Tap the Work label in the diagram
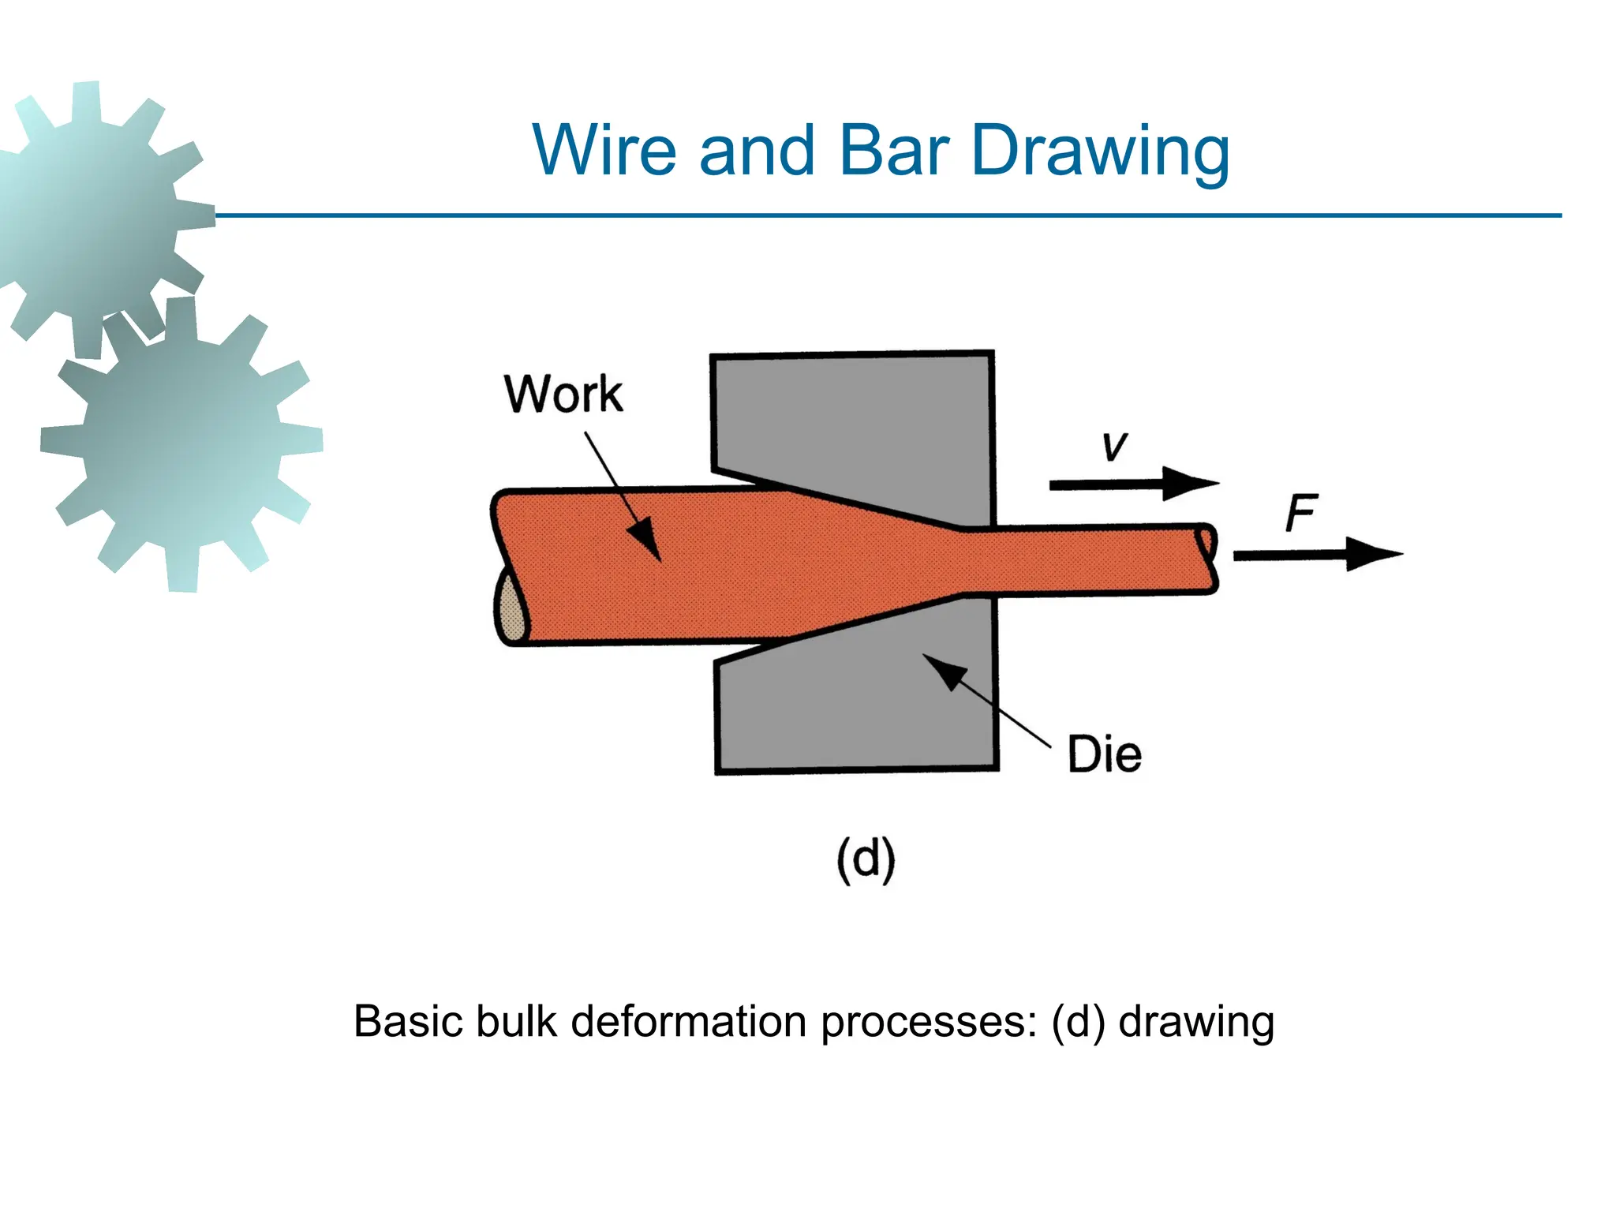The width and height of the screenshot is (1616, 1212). pyautogui.click(x=563, y=394)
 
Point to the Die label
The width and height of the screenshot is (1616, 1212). pyautogui.click(x=1104, y=754)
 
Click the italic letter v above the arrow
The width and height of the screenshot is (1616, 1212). pyautogui.click(x=1114, y=446)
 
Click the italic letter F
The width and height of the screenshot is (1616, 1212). pyautogui.click(x=1300, y=513)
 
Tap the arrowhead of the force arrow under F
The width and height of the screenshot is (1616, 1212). pyautogui.click(x=1371, y=555)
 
